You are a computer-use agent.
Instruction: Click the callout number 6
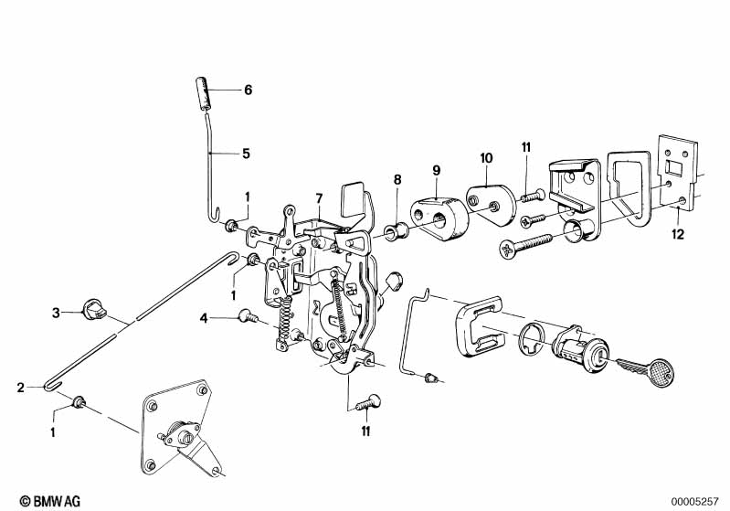[x=249, y=90]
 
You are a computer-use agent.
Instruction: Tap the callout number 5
[x=247, y=154]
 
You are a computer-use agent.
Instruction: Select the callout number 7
[x=319, y=199]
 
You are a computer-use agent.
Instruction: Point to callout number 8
[x=397, y=180]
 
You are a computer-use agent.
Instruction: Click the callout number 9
[x=436, y=170]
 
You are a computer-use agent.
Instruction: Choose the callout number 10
[x=486, y=158]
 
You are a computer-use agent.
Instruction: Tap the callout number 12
[x=678, y=234]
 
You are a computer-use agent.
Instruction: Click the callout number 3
[x=56, y=313]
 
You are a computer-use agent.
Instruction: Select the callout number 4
[x=204, y=319]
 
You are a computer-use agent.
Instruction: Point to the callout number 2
[x=20, y=388]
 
